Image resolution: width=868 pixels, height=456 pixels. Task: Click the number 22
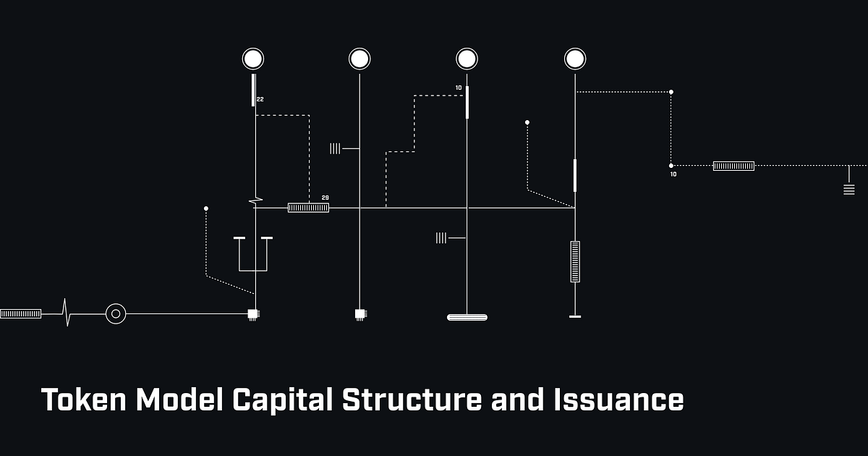coord(260,99)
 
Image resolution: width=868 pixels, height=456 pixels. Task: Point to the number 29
coord(325,198)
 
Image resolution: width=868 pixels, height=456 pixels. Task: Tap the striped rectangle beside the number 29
coord(308,208)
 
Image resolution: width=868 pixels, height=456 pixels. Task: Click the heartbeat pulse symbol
coord(67,313)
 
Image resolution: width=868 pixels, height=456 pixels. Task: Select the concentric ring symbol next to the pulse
coord(116,313)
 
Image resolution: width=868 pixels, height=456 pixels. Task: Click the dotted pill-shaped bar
coord(467,317)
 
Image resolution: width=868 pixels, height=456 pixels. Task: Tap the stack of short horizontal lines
coord(849,190)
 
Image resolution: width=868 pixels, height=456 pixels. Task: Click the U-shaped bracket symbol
coord(253,254)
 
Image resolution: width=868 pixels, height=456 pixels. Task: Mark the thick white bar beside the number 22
coord(253,90)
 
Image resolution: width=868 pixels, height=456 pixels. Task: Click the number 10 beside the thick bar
coord(459,88)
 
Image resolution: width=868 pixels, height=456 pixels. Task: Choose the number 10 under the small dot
coord(673,174)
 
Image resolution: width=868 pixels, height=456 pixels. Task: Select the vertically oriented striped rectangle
coord(575,261)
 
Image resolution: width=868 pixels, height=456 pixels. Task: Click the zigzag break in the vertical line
coord(255,200)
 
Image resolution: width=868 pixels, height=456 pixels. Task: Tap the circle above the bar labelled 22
coord(253,59)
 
